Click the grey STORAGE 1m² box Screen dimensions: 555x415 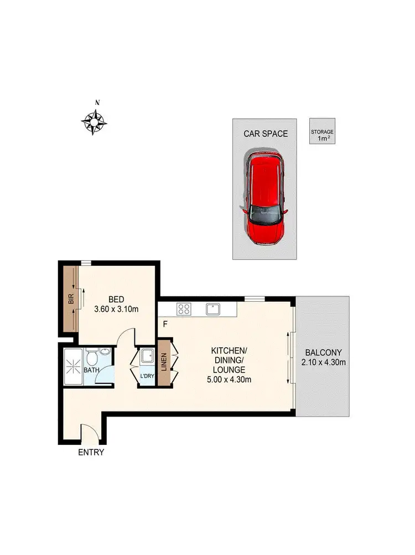(322, 132)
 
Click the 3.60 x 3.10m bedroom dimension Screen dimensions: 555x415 (116, 309)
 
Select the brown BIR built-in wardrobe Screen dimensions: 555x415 (70, 300)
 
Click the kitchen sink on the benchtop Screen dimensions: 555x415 (212, 309)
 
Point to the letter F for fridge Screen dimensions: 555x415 (164, 324)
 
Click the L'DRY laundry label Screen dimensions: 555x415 (147, 376)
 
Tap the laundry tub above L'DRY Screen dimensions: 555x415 (147, 356)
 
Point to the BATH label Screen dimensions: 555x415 (91, 370)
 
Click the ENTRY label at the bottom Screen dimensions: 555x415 (91, 452)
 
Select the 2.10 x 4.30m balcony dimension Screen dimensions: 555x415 (323, 363)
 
